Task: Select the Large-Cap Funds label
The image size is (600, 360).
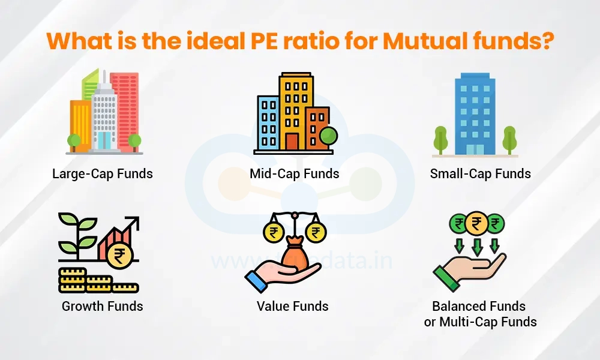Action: click(103, 174)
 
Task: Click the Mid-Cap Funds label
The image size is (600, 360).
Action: click(295, 174)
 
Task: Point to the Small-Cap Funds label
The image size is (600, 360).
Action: click(481, 174)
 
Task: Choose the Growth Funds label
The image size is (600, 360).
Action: click(103, 306)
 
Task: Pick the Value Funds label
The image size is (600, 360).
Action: click(293, 306)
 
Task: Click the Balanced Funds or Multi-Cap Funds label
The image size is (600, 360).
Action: click(481, 314)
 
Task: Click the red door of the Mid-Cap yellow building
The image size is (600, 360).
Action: click(292, 142)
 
